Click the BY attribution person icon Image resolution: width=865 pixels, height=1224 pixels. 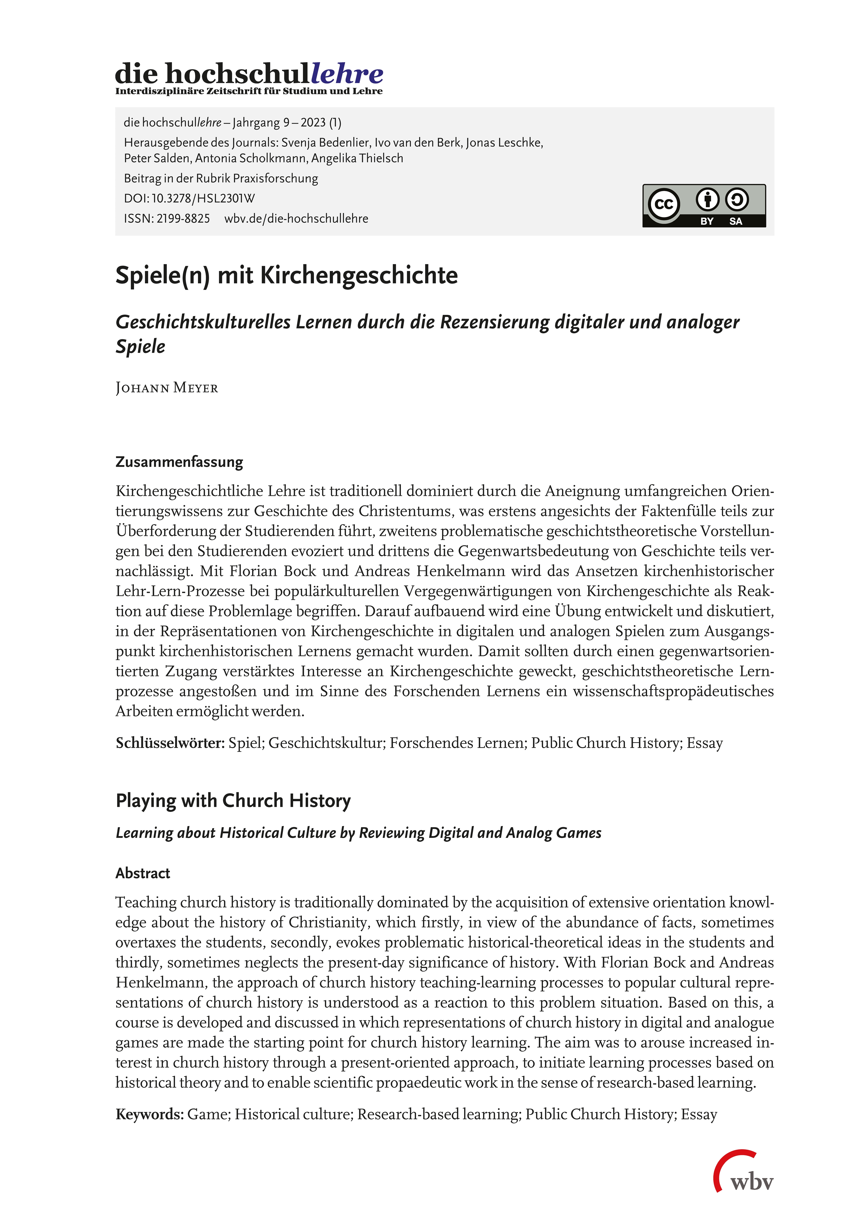pyautogui.click(x=707, y=200)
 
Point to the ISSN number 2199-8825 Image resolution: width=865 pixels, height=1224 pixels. pyautogui.click(x=183, y=219)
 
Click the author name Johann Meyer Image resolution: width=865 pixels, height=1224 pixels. pyautogui.click(x=167, y=388)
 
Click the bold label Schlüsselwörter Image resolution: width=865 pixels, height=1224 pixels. pyautogui.click(x=170, y=743)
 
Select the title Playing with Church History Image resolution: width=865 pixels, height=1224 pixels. pyautogui.click(x=233, y=801)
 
